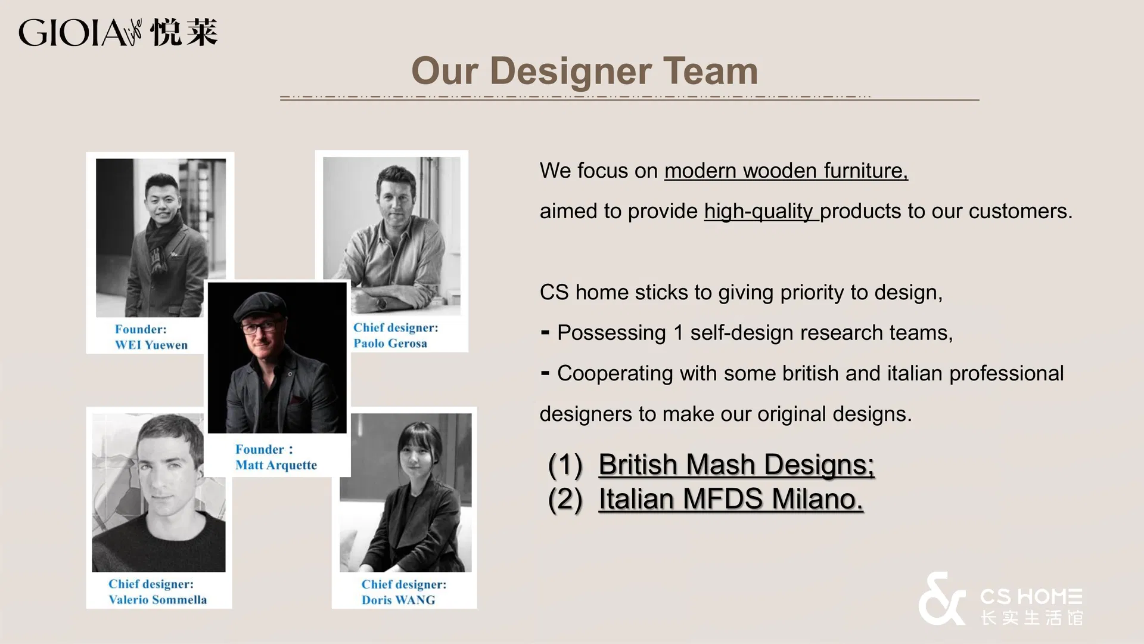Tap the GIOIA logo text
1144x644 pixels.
coord(71,33)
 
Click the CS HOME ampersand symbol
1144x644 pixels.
coord(941,599)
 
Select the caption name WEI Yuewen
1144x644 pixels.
coord(151,345)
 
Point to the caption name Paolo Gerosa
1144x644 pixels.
coord(390,343)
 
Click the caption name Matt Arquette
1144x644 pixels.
coord(276,465)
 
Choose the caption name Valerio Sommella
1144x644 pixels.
coord(158,600)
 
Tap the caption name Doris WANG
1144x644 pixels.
coord(398,600)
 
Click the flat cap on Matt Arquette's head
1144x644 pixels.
coord(260,306)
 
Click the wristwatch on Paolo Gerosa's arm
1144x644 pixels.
coord(381,304)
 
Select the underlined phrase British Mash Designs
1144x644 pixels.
coord(736,465)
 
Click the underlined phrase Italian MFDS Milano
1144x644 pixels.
coord(730,499)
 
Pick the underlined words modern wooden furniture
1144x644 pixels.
coord(785,171)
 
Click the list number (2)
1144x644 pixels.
coord(565,499)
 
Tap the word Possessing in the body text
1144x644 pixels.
coord(611,333)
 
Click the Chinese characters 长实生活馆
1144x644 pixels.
coord(1031,618)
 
